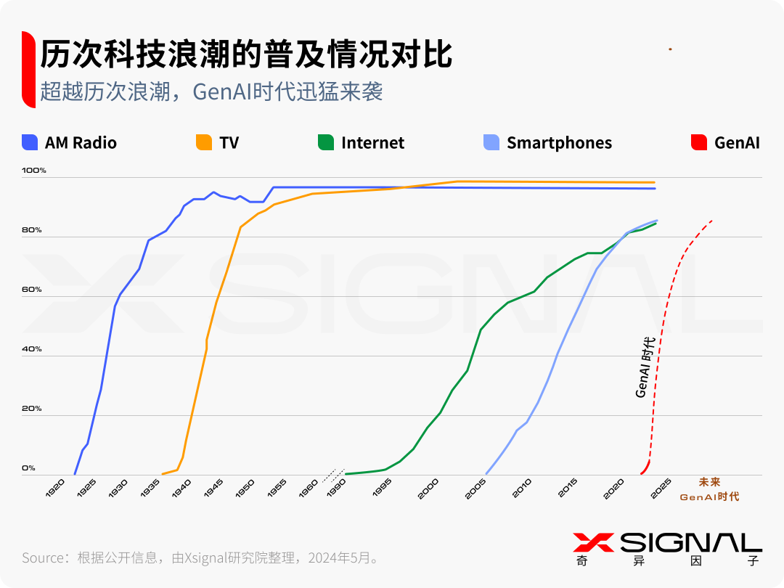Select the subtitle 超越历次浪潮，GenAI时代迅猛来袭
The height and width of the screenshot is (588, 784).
(211, 91)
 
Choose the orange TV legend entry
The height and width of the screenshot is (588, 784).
(218, 143)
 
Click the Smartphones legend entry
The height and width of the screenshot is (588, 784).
(548, 143)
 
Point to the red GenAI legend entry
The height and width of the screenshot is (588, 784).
(727, 143)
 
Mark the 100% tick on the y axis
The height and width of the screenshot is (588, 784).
(34, 171)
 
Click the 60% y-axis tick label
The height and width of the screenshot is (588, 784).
(32, 290)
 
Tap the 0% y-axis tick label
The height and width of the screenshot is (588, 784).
(28, 468)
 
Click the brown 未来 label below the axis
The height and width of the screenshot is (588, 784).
(709, 482)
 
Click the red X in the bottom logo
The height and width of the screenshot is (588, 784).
(593, 542)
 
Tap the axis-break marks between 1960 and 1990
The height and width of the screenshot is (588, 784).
(330, 475)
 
